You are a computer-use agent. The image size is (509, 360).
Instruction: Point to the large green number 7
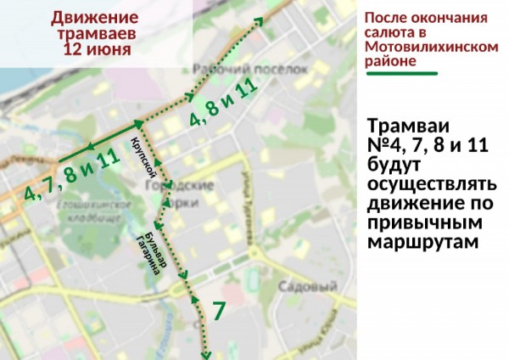click(x=219, y=311)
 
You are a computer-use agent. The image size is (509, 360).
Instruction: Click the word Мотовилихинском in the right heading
click(x=429, y=48)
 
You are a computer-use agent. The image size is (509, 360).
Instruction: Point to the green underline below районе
click(x=401, y=73)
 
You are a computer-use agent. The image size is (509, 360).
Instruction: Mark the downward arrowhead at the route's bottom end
click(x=204, y=354)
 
